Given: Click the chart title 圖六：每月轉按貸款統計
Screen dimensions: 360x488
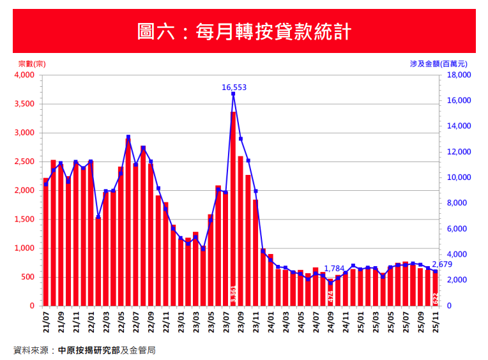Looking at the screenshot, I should [x=244, y=31].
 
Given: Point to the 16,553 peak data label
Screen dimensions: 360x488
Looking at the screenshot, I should [x=234, y=87].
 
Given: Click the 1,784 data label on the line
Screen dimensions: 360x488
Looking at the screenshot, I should [x=334, y=268].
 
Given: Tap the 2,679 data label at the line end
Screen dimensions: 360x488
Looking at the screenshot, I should [x=442, y=264].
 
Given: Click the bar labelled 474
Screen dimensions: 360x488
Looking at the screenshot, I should [x=331, y=294].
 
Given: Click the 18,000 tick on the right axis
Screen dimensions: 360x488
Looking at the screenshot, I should [x=458, y=75].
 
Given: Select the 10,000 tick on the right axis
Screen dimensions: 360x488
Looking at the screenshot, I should [x=458, y=178].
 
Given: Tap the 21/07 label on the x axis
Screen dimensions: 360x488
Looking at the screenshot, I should [x=46, y=321].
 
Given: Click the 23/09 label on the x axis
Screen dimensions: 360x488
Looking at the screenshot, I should [x=241, y=321].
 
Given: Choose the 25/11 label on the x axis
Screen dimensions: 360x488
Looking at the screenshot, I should [x=436, y=321].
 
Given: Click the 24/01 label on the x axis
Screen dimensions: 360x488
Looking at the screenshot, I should [x=271, y=321].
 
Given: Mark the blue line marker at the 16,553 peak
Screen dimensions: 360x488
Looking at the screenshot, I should [x=233, y=94].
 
